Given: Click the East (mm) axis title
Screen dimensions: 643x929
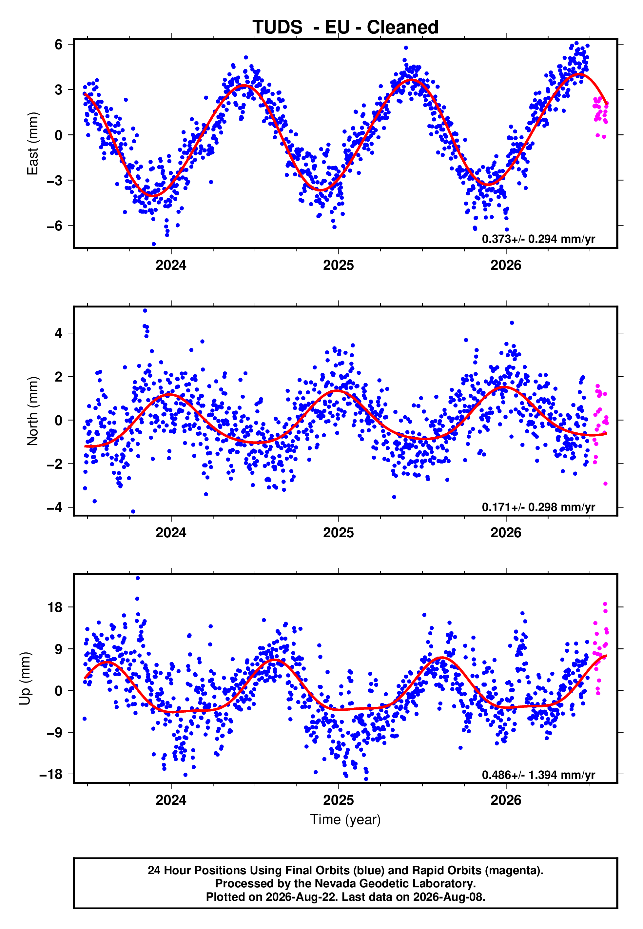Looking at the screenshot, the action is coord(33,144).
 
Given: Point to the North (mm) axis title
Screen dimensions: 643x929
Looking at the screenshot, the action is coord(33,411).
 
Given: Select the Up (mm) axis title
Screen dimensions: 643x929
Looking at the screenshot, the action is coord(25,679).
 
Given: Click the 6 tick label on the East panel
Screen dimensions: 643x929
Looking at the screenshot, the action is coord(59,44).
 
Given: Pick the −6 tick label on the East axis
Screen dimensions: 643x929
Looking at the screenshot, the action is coord(55,226).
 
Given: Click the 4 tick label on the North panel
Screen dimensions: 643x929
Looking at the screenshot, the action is coord(59,333).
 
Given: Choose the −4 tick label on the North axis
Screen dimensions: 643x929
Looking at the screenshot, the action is coord(55,507).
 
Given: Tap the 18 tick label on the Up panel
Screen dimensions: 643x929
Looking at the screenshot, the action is coord(55,607).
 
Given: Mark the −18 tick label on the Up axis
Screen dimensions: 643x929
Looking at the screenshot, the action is coord(51,774).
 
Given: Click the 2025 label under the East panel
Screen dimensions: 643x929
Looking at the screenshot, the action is coord(339,265).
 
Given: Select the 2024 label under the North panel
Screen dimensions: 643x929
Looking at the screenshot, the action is coord(171,533).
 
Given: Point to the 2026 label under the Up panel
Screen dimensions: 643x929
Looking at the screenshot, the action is coord(506,800).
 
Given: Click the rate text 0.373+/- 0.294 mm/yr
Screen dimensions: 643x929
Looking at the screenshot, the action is coord(539,239).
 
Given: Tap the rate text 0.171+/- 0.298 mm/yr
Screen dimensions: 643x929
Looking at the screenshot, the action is coord(539,507).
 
